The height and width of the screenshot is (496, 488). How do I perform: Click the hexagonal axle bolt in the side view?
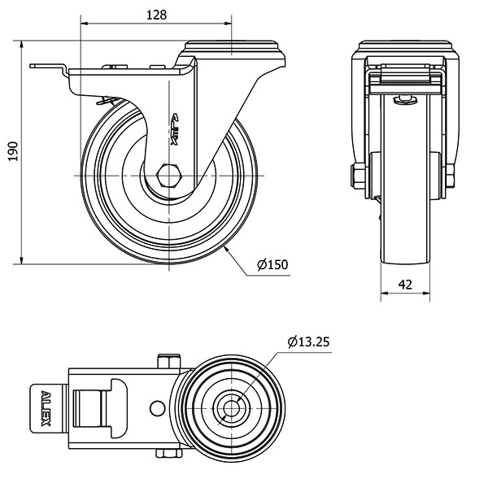coord(170,176)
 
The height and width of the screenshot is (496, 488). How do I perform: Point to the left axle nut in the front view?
coord(356,175)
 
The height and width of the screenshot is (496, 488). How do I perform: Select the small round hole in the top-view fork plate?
coord(157,407)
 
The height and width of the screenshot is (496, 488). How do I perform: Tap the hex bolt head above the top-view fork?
coord(170,360)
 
